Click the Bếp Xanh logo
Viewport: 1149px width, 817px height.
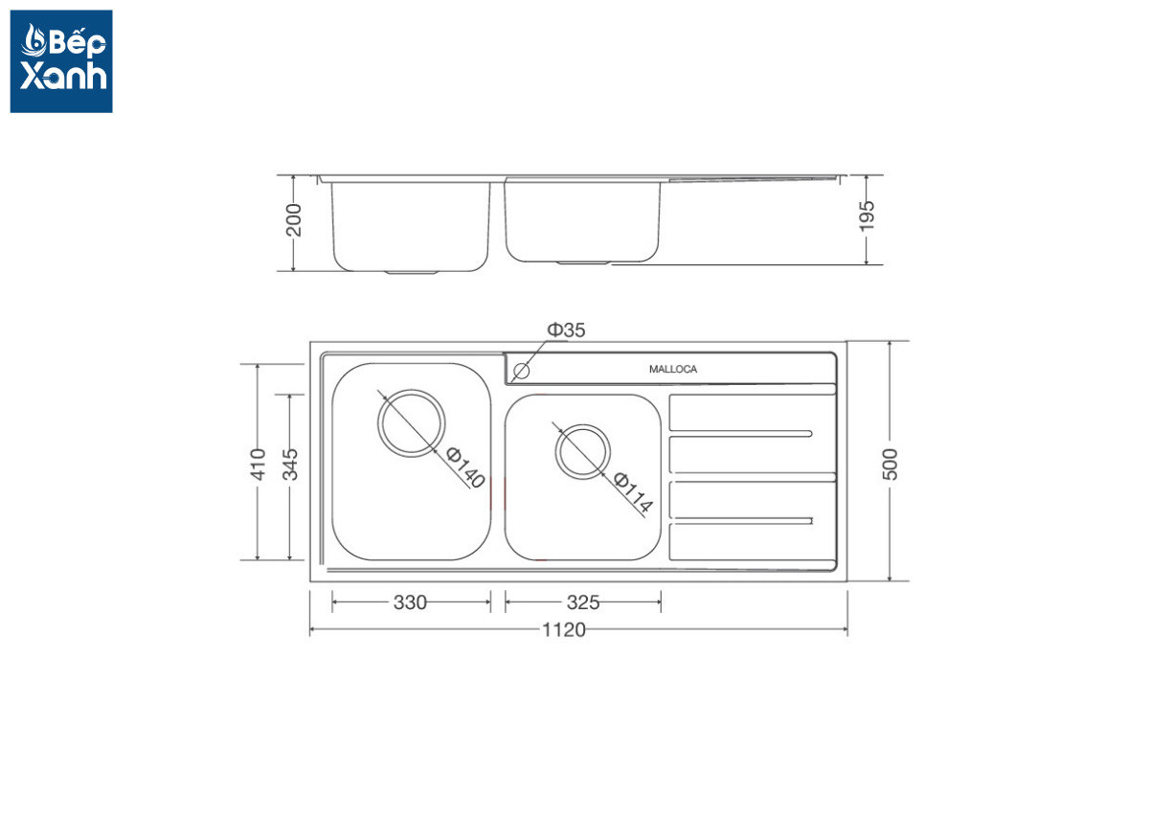[x=61, y=61]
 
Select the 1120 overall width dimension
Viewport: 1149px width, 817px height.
[x=564, y=629]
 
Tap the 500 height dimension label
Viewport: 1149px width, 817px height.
[x=890, y=464]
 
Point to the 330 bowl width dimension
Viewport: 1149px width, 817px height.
[x=410, y=602]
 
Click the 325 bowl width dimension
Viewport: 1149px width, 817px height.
[x=583, y=602]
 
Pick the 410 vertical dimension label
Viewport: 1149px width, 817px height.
[x=258, y=464]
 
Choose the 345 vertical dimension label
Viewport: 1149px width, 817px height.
[x=290, y=464]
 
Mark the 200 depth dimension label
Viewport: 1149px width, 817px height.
[x=293, y=219]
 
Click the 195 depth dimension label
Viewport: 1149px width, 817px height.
[x=867, y=216]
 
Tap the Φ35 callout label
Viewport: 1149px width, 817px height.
[x=566, y=330]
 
